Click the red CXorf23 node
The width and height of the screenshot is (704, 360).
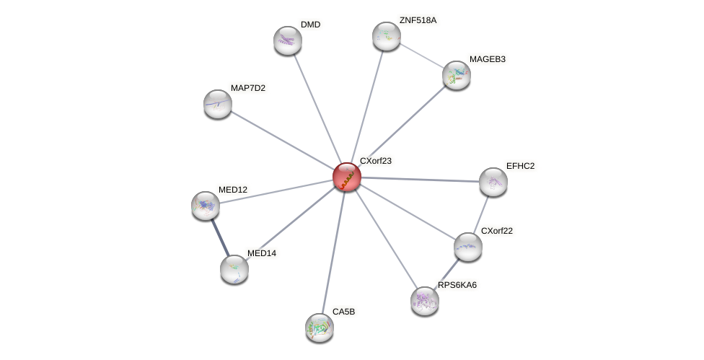coord(347,177)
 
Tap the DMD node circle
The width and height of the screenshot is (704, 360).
coord(288,40)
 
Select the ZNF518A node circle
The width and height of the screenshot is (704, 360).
coord(387,36)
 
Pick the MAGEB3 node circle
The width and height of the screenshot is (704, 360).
coord(457,75)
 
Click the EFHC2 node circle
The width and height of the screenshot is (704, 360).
coord(493,182)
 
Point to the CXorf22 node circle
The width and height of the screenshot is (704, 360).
coord(468,247)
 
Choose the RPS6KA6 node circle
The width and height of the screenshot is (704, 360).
coord(425,301)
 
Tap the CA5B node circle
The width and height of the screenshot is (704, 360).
coord(320,327)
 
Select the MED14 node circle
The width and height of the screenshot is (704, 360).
coord(234,269)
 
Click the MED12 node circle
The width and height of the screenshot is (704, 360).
coord(206,206)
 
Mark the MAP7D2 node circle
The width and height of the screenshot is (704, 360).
coord(218,104)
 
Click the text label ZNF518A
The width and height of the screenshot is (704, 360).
coord(418,20)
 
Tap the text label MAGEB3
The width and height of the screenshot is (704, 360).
coord(487,59)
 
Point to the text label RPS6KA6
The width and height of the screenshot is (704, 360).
coord(457,285)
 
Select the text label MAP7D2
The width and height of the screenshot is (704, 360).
coord(247,88)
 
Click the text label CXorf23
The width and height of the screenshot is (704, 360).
coord(375,161)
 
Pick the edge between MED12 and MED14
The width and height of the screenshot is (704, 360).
coord(220,237)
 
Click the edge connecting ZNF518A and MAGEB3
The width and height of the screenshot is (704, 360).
coord(421,56)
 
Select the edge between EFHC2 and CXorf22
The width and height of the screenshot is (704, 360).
coord(481,214)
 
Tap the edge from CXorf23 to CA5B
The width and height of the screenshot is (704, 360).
coord(333,252)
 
